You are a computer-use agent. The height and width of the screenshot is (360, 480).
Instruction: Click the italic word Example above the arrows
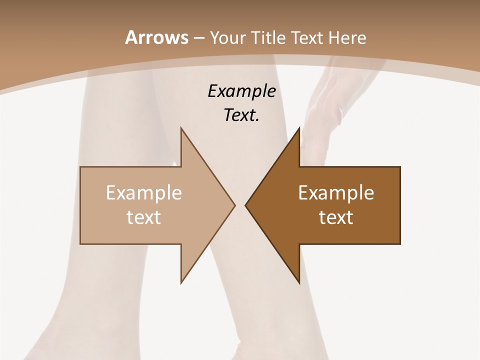241,91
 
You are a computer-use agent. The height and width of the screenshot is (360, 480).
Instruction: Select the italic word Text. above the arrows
241,115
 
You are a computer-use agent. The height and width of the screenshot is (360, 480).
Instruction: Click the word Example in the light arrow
143,192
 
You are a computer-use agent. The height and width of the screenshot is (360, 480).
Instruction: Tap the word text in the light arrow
143,217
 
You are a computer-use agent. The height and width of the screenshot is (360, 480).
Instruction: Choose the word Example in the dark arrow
336,192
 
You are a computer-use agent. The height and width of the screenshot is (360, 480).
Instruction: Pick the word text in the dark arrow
336,217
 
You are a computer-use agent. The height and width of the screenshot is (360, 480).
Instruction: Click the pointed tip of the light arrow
234,205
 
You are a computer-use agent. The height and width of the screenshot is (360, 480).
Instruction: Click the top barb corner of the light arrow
181,128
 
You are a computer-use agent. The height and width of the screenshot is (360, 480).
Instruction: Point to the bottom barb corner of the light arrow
181,282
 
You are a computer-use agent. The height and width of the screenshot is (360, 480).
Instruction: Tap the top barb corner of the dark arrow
299,128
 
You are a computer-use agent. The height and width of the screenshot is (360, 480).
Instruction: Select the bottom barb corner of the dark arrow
299,282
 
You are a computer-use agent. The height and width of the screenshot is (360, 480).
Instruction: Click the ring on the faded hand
340,111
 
